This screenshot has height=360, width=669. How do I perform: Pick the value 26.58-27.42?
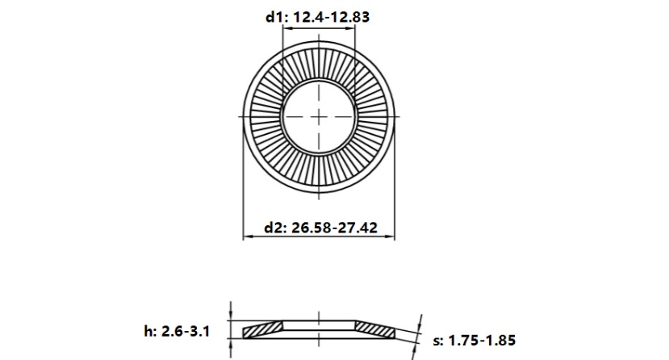click(334, 228)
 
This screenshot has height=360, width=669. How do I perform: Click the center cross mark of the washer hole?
click(319, 117)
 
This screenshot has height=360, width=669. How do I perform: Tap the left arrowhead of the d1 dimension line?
click(285, 30)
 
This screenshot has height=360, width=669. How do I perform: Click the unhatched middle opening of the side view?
click(319, 325)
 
